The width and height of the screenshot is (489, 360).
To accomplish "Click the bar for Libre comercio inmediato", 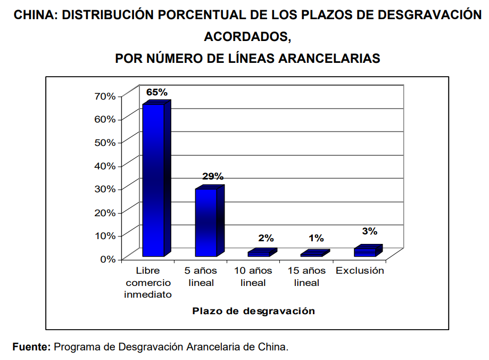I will point(154,179).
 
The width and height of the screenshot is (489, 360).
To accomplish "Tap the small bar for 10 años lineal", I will point(260,253).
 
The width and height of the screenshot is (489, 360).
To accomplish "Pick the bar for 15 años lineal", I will point(313,253).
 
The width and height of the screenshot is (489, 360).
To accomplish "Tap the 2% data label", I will point(266,238).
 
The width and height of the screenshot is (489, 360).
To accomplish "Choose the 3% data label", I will point(370,231).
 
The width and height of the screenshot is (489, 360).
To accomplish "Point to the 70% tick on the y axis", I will point(105,96).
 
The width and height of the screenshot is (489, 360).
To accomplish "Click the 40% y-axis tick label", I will point(105,166).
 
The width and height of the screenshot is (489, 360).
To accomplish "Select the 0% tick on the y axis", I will point(108,259).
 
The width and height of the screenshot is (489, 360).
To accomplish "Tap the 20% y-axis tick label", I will point(105,212).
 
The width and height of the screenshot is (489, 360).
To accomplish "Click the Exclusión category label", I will point(360,271).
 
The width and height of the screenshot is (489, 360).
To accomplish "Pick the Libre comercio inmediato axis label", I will point(148,282).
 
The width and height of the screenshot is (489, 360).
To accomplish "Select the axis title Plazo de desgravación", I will point(254,311).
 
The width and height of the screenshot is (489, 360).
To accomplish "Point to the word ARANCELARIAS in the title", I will point(330,59).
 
